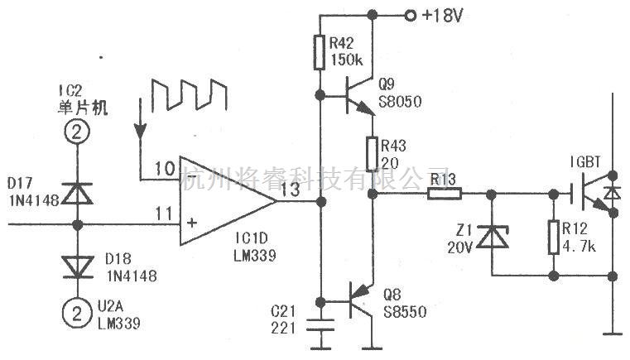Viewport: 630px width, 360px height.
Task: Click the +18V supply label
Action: (443, 16)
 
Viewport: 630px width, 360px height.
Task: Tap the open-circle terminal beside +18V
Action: (411, 16)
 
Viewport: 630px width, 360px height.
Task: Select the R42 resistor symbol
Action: (320, 52)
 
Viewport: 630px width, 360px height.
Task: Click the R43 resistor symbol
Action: (373, 154)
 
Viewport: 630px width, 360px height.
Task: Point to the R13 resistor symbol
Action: (445, 194)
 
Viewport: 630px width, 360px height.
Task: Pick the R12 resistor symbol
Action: (554, 237)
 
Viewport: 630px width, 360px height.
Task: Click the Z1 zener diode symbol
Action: (492, 237)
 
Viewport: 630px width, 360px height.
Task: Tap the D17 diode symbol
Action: (78, 194)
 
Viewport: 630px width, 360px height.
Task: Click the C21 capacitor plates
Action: (320, 325)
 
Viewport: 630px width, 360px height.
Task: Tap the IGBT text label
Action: (585, 162)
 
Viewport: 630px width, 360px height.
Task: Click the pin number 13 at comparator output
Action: (291, 190)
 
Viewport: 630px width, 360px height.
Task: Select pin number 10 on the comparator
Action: (165, 169)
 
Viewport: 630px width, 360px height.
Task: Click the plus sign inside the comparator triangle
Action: (192, 222)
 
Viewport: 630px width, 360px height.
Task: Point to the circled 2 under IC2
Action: (77, 132)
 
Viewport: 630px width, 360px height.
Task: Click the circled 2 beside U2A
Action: (77, 313)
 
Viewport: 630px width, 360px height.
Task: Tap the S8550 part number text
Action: (405, 312)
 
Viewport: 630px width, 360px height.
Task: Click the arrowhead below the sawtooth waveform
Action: (140, 132)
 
